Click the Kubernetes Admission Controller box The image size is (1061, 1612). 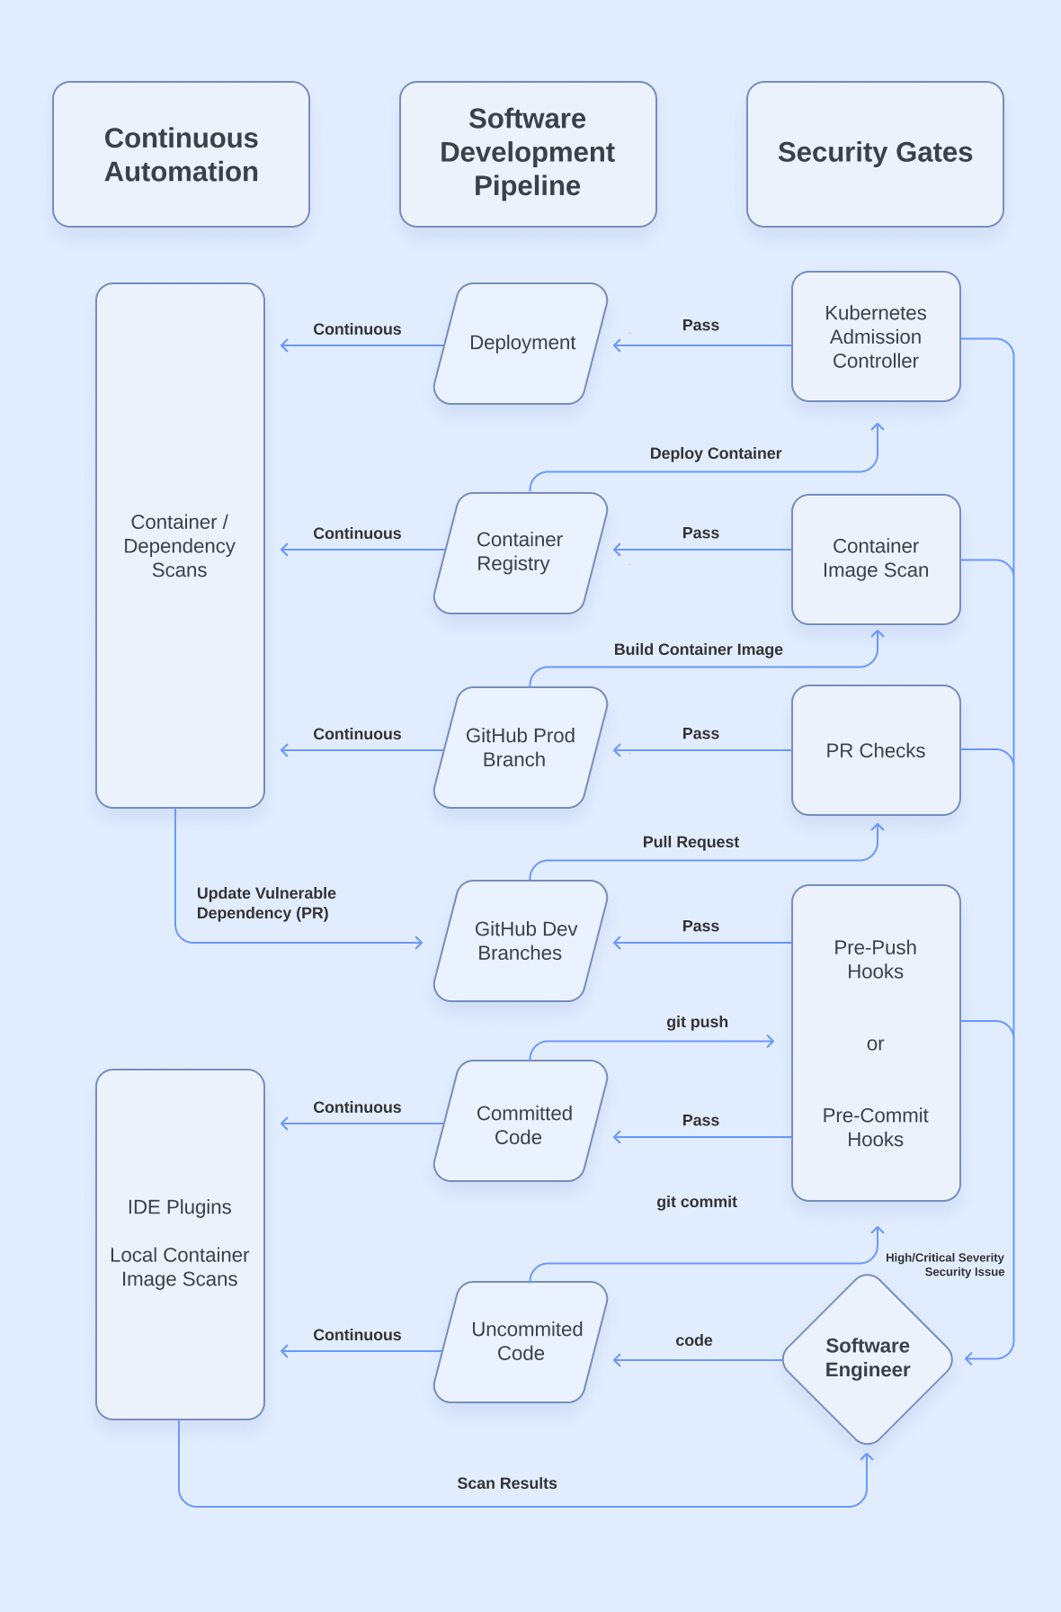pyautogui.click(x=876, y=336)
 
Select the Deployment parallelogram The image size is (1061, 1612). pyautogui.click(x=522, y=343)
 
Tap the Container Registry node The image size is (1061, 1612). pyautogui.click(x=520, y=551)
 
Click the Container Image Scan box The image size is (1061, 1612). pyautogui.click(x=876, y=559)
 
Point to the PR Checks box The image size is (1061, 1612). pyautogui.click(x=876, y=750)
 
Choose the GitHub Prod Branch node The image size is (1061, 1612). pyautogui.click(x=520, y=748)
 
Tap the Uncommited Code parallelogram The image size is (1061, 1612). pyautogui.click(x=522, y=1341)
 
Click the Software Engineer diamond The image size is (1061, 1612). pyautogui.click(x=868, y=1358)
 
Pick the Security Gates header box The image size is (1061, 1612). pyautogui.click(x=875, y=153)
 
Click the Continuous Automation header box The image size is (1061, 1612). pyautogui.click(x=182, y=155)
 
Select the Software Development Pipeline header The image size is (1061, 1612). pyautogui.click(x=528, y=153)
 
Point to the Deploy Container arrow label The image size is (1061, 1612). pyautogui.click(x=716, y=453)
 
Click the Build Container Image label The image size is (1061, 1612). pyautogui.click(x=699, y=649)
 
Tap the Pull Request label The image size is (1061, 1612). pyautogui.click(x=691, y=842)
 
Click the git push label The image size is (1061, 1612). pyautogui.click(x=697, y=1022)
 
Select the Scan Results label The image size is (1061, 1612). pyautogui.click(x=507, y=1483)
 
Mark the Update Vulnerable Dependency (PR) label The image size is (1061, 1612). pyautogui.click(x=266, y=903)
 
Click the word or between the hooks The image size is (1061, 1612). pyautogui.click(x=875, y=1044)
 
